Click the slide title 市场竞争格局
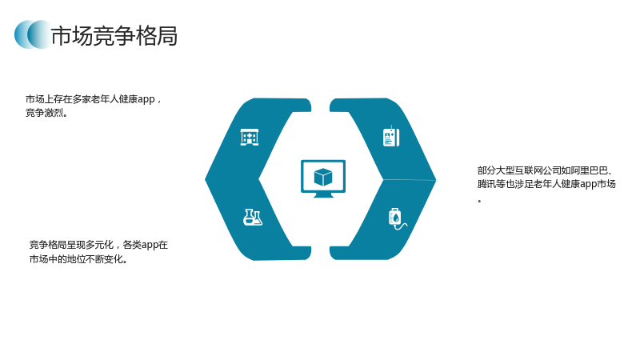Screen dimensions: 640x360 click(114, 35)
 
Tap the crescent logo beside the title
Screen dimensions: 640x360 click(33, 34)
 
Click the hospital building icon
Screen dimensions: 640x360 click(250, 137)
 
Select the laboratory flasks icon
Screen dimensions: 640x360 click(253, 217)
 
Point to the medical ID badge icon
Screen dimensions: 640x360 click(391, 136)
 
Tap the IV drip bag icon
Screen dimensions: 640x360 click(397, 218)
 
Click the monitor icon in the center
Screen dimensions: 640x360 click(323, 178)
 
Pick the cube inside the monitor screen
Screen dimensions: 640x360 click(323, 177)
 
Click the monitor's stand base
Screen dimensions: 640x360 click(323, 195)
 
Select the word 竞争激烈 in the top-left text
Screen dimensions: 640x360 click(45, 113)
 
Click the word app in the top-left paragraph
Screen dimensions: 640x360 click(146, 99)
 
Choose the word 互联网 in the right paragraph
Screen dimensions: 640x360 click(529, 170)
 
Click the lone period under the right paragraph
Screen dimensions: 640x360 click(479, 201)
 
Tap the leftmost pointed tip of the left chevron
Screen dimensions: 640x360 click(206, 178)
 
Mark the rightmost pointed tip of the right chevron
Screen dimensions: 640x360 click(436, 179)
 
